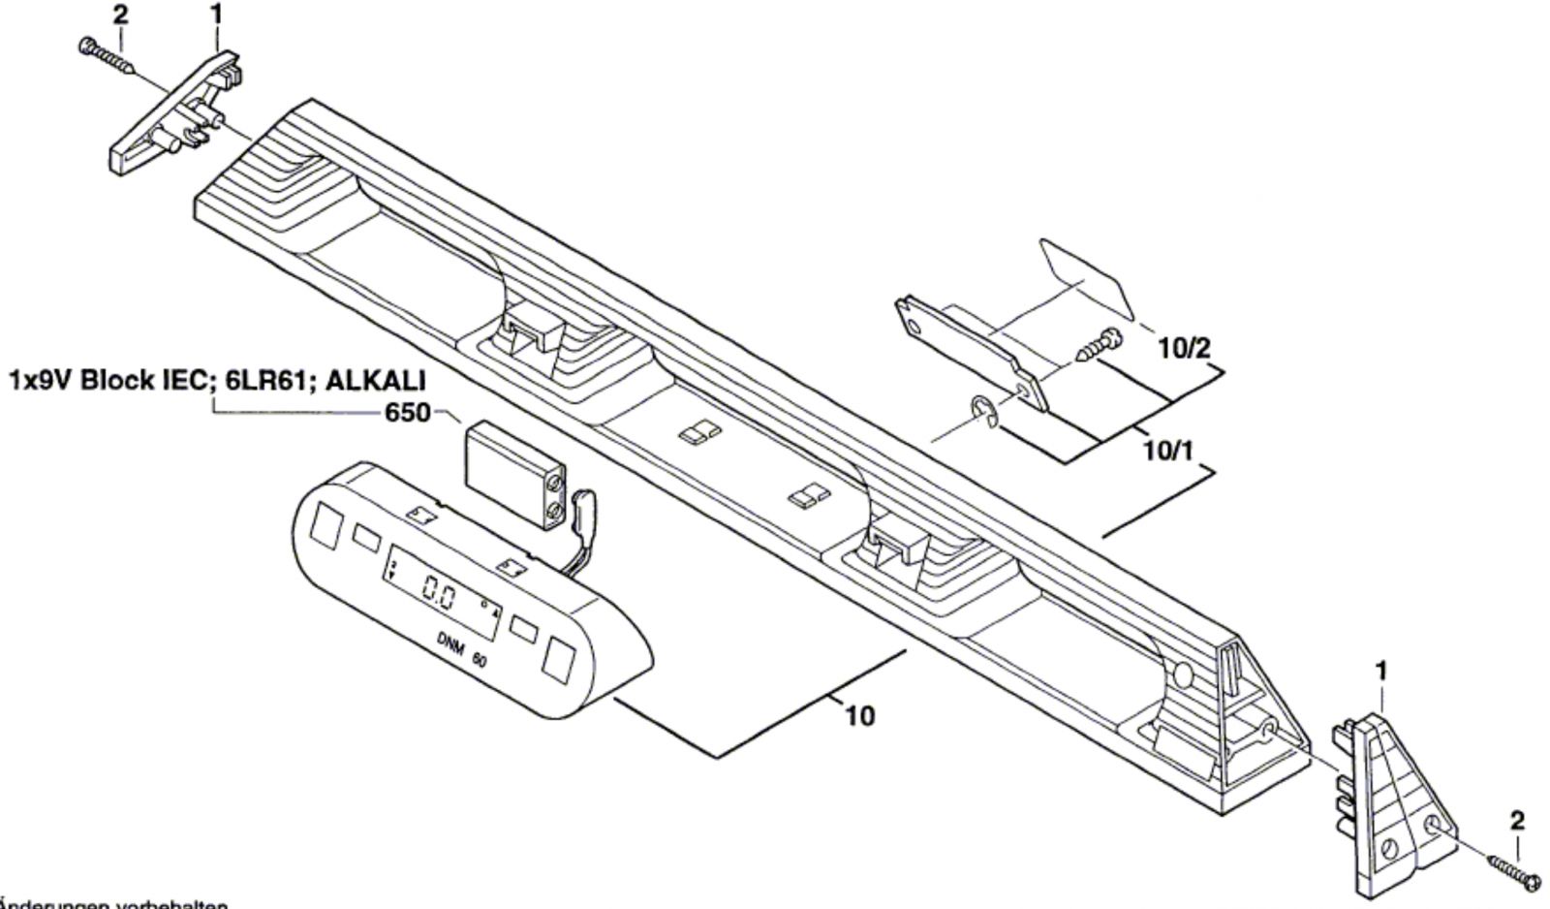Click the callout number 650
408,413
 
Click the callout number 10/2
1185,348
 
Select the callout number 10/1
1168,451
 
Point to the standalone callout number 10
859,716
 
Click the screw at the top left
106,55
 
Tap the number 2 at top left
119,15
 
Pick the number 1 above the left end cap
216,15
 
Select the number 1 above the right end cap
1382,671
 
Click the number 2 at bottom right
1517,821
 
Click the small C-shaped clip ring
985,412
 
